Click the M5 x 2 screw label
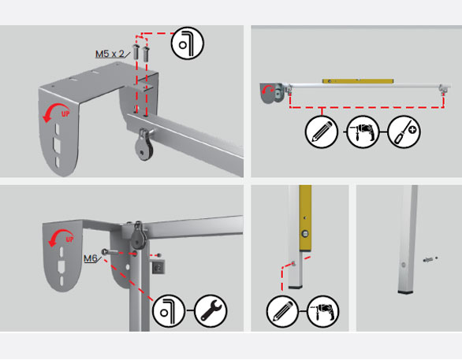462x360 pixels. (x=110, y=54)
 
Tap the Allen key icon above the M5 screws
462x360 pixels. (x=188, y=43)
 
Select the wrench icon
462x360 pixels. (x=211, y=311)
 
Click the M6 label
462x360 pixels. (x=91, y=258)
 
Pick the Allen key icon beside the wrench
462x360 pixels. (x=169, y=311)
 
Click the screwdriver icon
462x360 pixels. (x=404, y=132)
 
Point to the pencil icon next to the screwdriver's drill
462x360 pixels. (x=322, y=132)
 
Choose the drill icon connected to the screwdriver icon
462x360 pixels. (x=363, y=132)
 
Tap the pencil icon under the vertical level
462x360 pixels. (x=282, y=311)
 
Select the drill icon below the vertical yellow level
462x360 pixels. (x=323, y=311)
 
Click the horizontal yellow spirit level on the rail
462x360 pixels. (x=358, y=81)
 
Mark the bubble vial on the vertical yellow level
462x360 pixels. (x=305, y=234)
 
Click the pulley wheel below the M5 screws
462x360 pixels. (x=143, y=149)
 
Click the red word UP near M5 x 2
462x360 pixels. (x=65, y=113)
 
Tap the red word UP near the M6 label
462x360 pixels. (x=69, y=239)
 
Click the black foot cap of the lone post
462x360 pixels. (x=405, y=292)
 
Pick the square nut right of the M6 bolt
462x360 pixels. (x=158, y=267)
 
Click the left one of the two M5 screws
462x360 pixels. (x=136, y=52)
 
